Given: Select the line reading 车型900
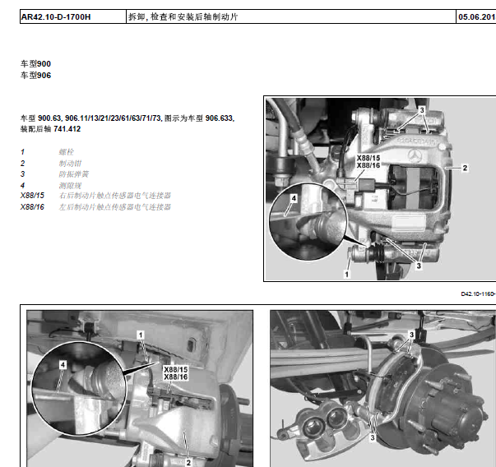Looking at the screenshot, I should (x=35, y=63).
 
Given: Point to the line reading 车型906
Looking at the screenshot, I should (x=35, y=76).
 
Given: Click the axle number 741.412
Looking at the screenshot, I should (x=67, y=129).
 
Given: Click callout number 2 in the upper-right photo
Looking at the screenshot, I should (x=465, y=167).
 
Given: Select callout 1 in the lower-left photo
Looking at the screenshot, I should (x=141, y=335).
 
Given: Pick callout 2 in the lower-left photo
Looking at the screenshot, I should (x=188, y=451).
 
